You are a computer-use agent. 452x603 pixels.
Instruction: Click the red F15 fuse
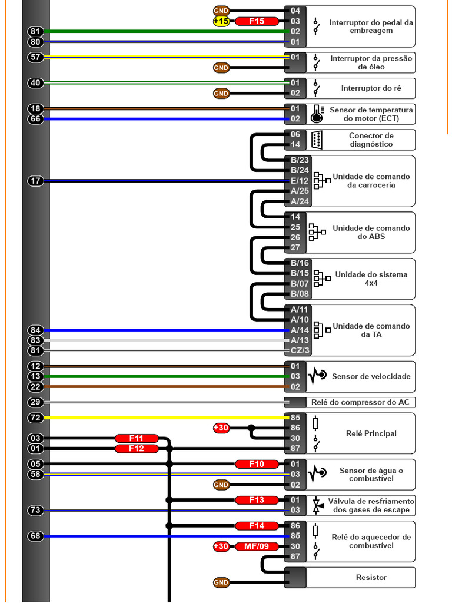click(257, 21)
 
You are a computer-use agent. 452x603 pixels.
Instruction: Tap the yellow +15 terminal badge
click(221, 21)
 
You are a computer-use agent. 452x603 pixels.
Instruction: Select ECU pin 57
click(36, 57)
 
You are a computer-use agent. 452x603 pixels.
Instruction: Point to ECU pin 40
click(36, 83)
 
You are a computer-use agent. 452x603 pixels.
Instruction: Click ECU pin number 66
click(36, 119)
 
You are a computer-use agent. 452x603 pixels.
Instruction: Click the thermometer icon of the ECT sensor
click(317, 114)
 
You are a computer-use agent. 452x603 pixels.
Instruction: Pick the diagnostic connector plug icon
click(317, 140)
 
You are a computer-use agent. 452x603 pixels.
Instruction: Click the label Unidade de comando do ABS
click(371, 232)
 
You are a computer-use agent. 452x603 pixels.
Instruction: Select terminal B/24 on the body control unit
click(300, 170)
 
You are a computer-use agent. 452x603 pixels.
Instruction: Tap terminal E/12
click(300, 181)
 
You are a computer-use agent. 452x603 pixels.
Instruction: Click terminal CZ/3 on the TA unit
click(300, 350)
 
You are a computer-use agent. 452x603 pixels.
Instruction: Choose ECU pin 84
click(36, 330)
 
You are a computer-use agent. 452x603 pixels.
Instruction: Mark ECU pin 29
click(36, 402)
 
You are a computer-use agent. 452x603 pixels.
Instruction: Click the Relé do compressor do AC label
click(360, 402)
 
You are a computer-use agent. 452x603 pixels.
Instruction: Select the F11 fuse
click(137, 438)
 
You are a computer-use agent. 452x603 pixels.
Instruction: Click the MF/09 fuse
click(257, 546)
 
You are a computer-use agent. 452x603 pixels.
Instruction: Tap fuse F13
click(257, 500)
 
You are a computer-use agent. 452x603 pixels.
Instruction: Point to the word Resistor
click(371, 577)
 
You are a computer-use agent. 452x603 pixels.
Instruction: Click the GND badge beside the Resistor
click(221, 582)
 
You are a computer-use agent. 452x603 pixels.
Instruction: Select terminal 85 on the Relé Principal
click(295, 418)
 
